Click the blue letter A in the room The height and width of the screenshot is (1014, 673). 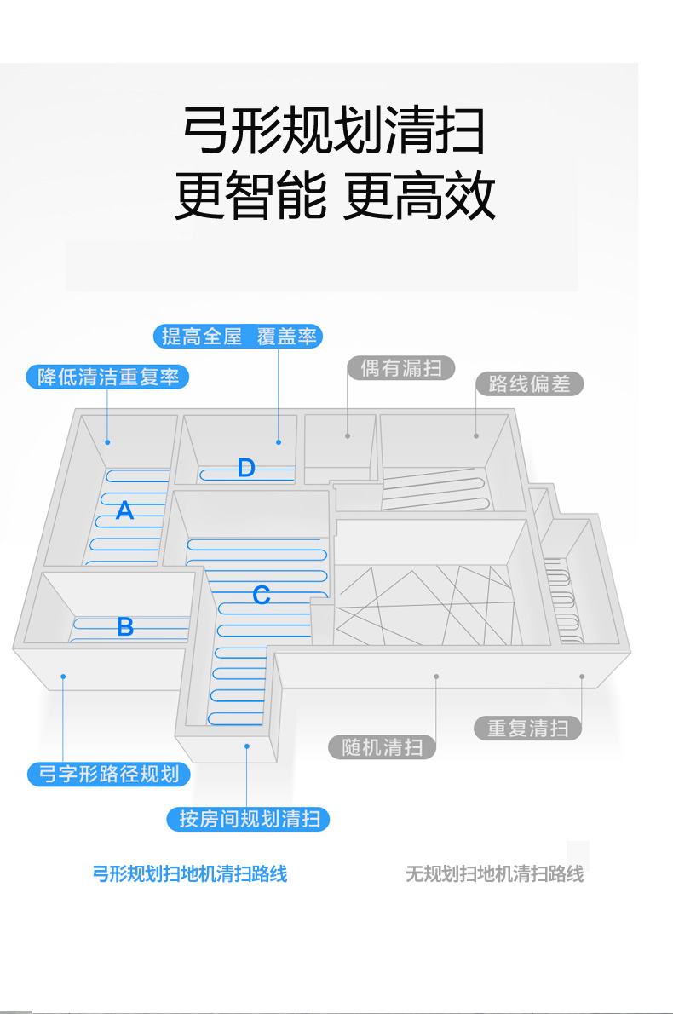tap(125, 511)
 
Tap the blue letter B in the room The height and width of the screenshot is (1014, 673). tap(125, 627)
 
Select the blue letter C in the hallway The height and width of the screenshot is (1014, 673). tap(262, 596)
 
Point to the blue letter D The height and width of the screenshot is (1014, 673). tap(246, 467)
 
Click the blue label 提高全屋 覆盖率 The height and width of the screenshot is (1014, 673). tap(239, 337)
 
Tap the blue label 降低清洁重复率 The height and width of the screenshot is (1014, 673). tap(107, 377)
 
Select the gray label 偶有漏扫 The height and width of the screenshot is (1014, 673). tap(400, 368)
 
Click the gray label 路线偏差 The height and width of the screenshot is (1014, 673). tap(529, 383)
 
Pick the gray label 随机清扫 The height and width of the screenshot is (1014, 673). tap(383, 747)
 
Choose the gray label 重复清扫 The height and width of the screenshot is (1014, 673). tap(528, 729)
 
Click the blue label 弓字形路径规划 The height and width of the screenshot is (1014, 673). tap(108, 774)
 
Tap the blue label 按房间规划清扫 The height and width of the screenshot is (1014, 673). tap(248, 819)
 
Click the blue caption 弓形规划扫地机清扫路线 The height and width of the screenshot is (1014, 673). tap(189, 873)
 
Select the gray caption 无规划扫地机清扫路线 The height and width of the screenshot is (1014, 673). tap(494, 874)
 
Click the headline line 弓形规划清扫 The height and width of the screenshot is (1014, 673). tap(334, 131)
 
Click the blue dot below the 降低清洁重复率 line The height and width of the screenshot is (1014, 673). tap(108, 442)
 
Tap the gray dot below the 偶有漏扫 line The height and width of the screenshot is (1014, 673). tap(348, 436)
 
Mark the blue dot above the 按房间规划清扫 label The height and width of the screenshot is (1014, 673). tap(247, 746)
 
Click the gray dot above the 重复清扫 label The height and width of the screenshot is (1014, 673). tap(582, 677)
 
